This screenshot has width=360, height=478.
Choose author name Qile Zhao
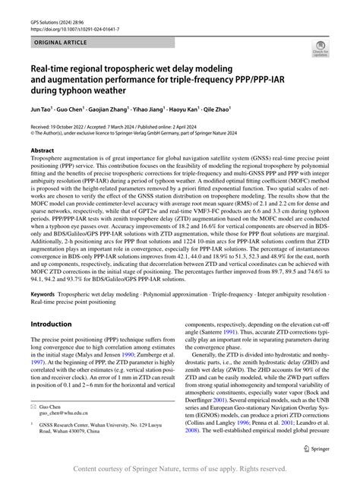pos(237,108)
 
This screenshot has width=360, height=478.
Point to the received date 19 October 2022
pos(77,123)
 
